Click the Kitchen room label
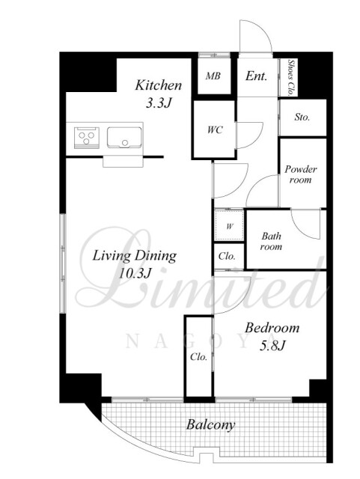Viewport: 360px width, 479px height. pyautogui.click(x=159, y=85)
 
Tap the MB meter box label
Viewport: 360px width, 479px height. pyautogui.click(x=213, y=76)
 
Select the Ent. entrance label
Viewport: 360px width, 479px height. pyautogui.click(x=257, y=76)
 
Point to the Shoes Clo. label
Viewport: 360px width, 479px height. pyautogui.click(x=291, y=78)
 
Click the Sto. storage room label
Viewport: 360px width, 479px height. pyautogui.click(x=302, y=117)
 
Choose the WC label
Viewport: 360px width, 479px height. pyautogui.click(x=215, y=129)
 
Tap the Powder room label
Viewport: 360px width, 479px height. pyautogui.click(x=301, y=174)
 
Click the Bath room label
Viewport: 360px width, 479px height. pyautogui.click(x=271, y=241)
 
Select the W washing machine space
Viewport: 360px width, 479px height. pyautogui.click(x=229, y=226)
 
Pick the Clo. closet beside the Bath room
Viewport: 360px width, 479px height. pyautogui.click(x=227, y=256)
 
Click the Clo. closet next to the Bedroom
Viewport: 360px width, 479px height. pyautogui.click(x=198, y=356)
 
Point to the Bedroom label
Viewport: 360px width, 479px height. pyautogui.click(x=272, y=328)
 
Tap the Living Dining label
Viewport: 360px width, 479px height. pyautogui.click(x=135, y=256)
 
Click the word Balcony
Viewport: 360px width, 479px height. pyautogui.click(x=211, y=424)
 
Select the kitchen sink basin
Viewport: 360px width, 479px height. pyautogui.click(x=124, y=138)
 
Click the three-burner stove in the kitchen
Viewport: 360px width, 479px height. pyautogui.click(x=87, y=138)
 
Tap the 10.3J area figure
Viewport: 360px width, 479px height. pyautogui.click(x=135, y=273)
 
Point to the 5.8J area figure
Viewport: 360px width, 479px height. pyautogui.click(x=272, y=346)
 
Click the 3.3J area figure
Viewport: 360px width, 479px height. pyautogui.click(x=158, y=103)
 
